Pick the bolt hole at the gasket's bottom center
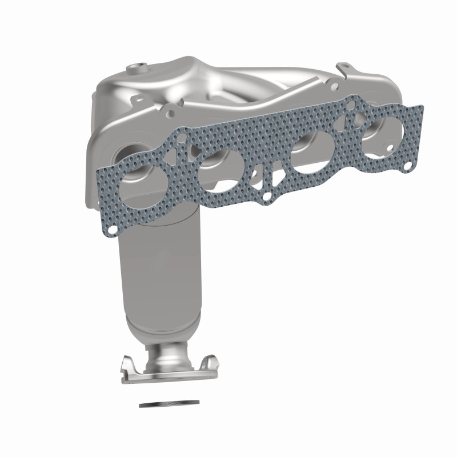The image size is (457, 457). (x=266, y=198)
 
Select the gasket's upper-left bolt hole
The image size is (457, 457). (x=182, y=138)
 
